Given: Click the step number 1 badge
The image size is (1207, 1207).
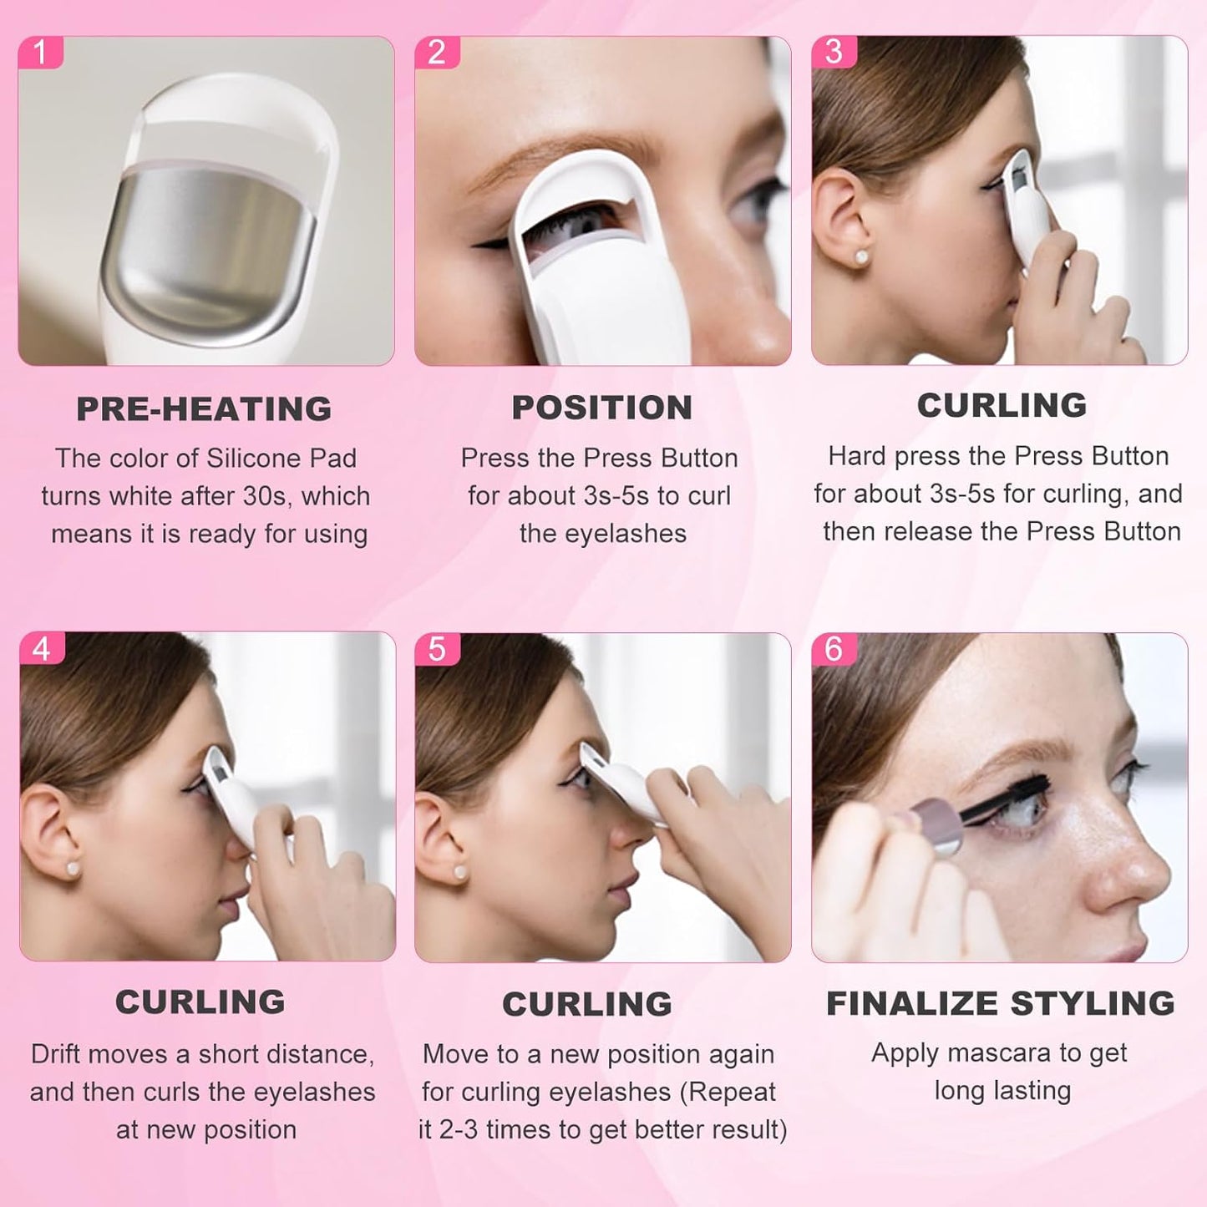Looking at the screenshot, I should point(39,53).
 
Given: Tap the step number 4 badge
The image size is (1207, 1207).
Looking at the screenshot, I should point(41,648).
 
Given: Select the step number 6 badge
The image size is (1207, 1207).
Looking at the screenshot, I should point(833,648).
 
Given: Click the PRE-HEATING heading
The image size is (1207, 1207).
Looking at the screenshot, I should point(204,409).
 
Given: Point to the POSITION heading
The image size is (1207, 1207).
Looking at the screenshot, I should point(601,408).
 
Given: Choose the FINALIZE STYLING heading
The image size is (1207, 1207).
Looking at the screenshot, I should point(1000,1003).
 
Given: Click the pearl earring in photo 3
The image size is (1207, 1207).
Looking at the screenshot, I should point(861,256).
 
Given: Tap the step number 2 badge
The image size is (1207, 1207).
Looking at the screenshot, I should point(436,53).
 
